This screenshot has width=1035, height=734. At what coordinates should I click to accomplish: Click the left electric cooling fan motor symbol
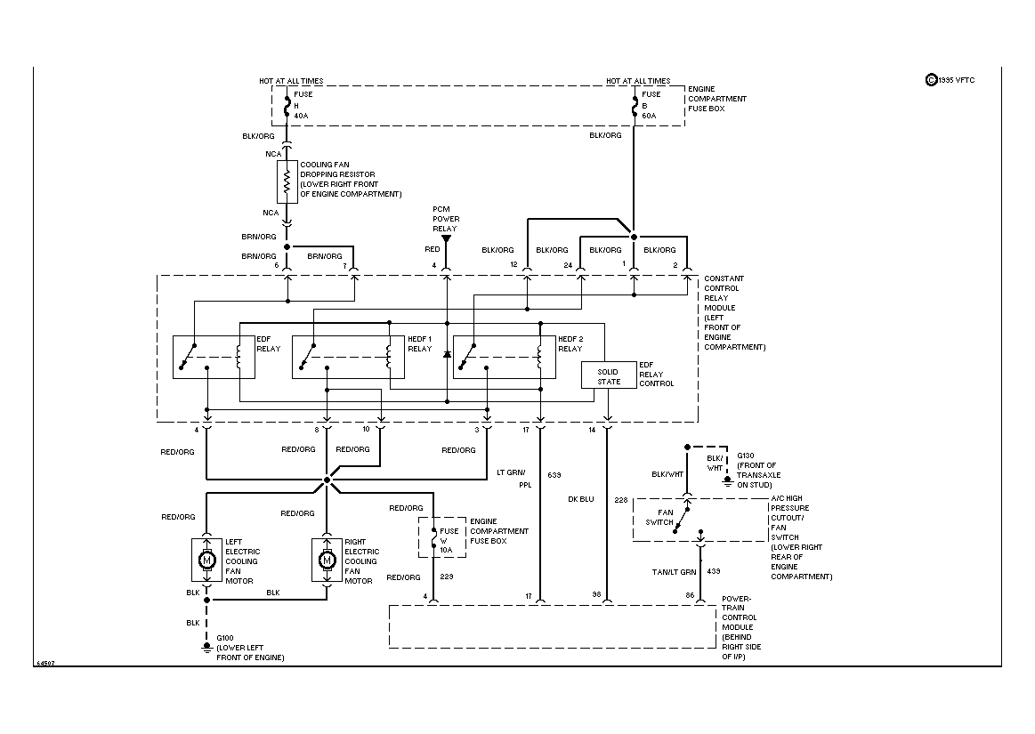point(206,560)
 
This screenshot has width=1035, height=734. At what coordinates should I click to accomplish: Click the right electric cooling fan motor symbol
point(327,560)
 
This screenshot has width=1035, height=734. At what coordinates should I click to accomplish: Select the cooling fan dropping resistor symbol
point(287,182)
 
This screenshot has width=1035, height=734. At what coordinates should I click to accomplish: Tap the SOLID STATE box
point(609,376)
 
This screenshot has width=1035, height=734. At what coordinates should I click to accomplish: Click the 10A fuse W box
point(442,539)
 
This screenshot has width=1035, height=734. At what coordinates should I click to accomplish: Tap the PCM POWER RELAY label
point(445,219)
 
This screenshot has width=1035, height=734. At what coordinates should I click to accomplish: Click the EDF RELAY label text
point(268,344)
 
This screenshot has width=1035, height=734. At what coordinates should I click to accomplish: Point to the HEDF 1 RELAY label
point(419,344)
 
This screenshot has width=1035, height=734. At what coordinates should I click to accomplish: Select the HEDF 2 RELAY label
point(570,344)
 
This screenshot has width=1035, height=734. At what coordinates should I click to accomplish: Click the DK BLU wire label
point(580,499)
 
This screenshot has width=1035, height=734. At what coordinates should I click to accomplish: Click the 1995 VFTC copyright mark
point(950,79)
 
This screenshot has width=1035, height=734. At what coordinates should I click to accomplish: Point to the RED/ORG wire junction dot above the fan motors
point(327,480)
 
